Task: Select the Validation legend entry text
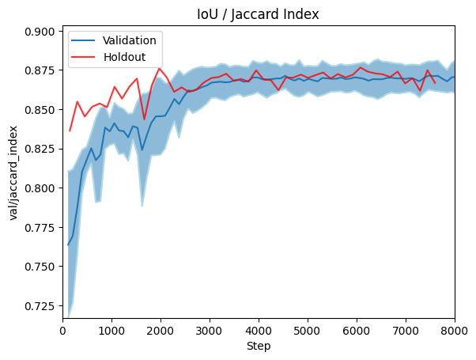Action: pyautogui.click(x=129, y=40)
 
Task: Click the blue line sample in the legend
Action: pyautogui.click(x=85, y=40)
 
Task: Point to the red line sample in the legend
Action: pyautogui.click(x=85, y=56)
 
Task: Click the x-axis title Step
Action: pyautogui.click(x=259, y=347)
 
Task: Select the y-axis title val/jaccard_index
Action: pyautogui.click(x=14, y=172)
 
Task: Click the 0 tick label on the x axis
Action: pyautogui.click(x=63, y=331)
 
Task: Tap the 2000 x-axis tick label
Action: pyautogui.click(x=161, y=331)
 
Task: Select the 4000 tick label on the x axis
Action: pyautogui.click(x=259, y=331)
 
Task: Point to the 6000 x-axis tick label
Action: pyautogui.click(x=357, y=331)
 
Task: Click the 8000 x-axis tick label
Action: pyautogui.click(x=454, y=331)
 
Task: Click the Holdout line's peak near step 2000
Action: pyautogui.click(x=159, y=68)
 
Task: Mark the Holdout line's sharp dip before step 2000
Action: pyautogui.click(x=144, y=119)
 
